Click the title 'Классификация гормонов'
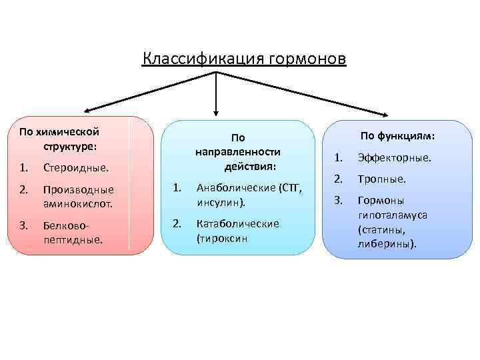coord(244,59)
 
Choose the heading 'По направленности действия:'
coord(238,151)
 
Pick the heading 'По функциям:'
coord(397,136)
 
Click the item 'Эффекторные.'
coord(394,158)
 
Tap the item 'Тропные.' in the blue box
coord(381,179)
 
